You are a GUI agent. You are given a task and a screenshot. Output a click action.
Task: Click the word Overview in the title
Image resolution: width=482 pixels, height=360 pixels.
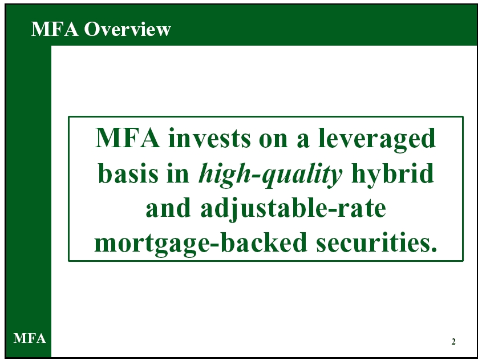point(127,29)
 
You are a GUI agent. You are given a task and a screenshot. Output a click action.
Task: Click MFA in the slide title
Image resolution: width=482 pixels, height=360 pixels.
point(54,29)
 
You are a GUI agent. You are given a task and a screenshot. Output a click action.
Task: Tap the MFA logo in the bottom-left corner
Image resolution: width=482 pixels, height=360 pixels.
point(30,338)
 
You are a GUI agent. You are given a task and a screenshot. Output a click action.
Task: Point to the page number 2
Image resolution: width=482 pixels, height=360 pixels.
point(453,342)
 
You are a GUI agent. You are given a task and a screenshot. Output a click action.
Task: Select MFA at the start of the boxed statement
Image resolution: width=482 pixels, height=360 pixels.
point(128,138)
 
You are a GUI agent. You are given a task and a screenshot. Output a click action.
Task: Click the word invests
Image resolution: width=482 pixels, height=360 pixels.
point(210,138)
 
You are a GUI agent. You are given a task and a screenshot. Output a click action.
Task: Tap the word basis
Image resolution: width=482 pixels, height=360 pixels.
point(128,173)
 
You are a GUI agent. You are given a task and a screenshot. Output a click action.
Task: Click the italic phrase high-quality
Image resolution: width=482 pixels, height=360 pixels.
point(270,175)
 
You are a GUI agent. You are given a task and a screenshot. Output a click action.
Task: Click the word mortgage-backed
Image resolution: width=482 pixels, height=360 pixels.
point(200,244)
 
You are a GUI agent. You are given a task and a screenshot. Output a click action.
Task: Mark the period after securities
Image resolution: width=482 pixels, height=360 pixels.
point(434,249)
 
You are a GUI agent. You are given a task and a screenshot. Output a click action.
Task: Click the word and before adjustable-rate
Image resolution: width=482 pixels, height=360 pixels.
point(168,208)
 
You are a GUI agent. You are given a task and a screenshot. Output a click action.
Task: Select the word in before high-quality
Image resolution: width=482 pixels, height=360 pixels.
point(177,173)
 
